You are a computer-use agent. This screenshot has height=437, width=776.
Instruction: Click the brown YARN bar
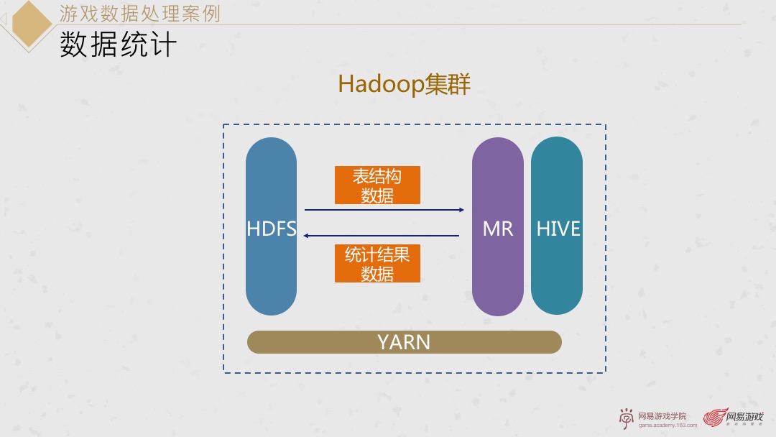point(323,342)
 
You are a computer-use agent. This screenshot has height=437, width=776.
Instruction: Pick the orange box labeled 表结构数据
point(377,185)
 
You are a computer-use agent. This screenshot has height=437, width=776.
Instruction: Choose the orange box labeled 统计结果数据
point(377,263)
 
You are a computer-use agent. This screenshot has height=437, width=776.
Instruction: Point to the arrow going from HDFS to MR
point(384,210)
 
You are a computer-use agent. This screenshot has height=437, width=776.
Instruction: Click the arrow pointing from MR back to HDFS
point(381,235)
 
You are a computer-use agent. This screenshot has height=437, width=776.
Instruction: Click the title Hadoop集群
point(404,85)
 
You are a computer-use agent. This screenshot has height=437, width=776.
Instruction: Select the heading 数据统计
point(119,45)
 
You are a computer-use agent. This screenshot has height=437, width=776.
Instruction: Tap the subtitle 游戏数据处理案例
point(139,14)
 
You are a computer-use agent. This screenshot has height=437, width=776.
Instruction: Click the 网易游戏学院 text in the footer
point(662,415)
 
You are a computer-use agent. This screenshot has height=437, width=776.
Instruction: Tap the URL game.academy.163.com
point(668,425)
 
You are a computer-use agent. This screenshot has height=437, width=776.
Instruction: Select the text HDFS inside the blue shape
point(271,229)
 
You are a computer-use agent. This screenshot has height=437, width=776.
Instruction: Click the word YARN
point(404,342)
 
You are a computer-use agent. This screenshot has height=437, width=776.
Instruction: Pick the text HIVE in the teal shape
point(558,229)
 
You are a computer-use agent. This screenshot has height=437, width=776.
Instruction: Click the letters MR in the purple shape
point(498,229)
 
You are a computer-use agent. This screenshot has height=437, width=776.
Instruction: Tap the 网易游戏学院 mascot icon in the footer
point(627,418)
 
